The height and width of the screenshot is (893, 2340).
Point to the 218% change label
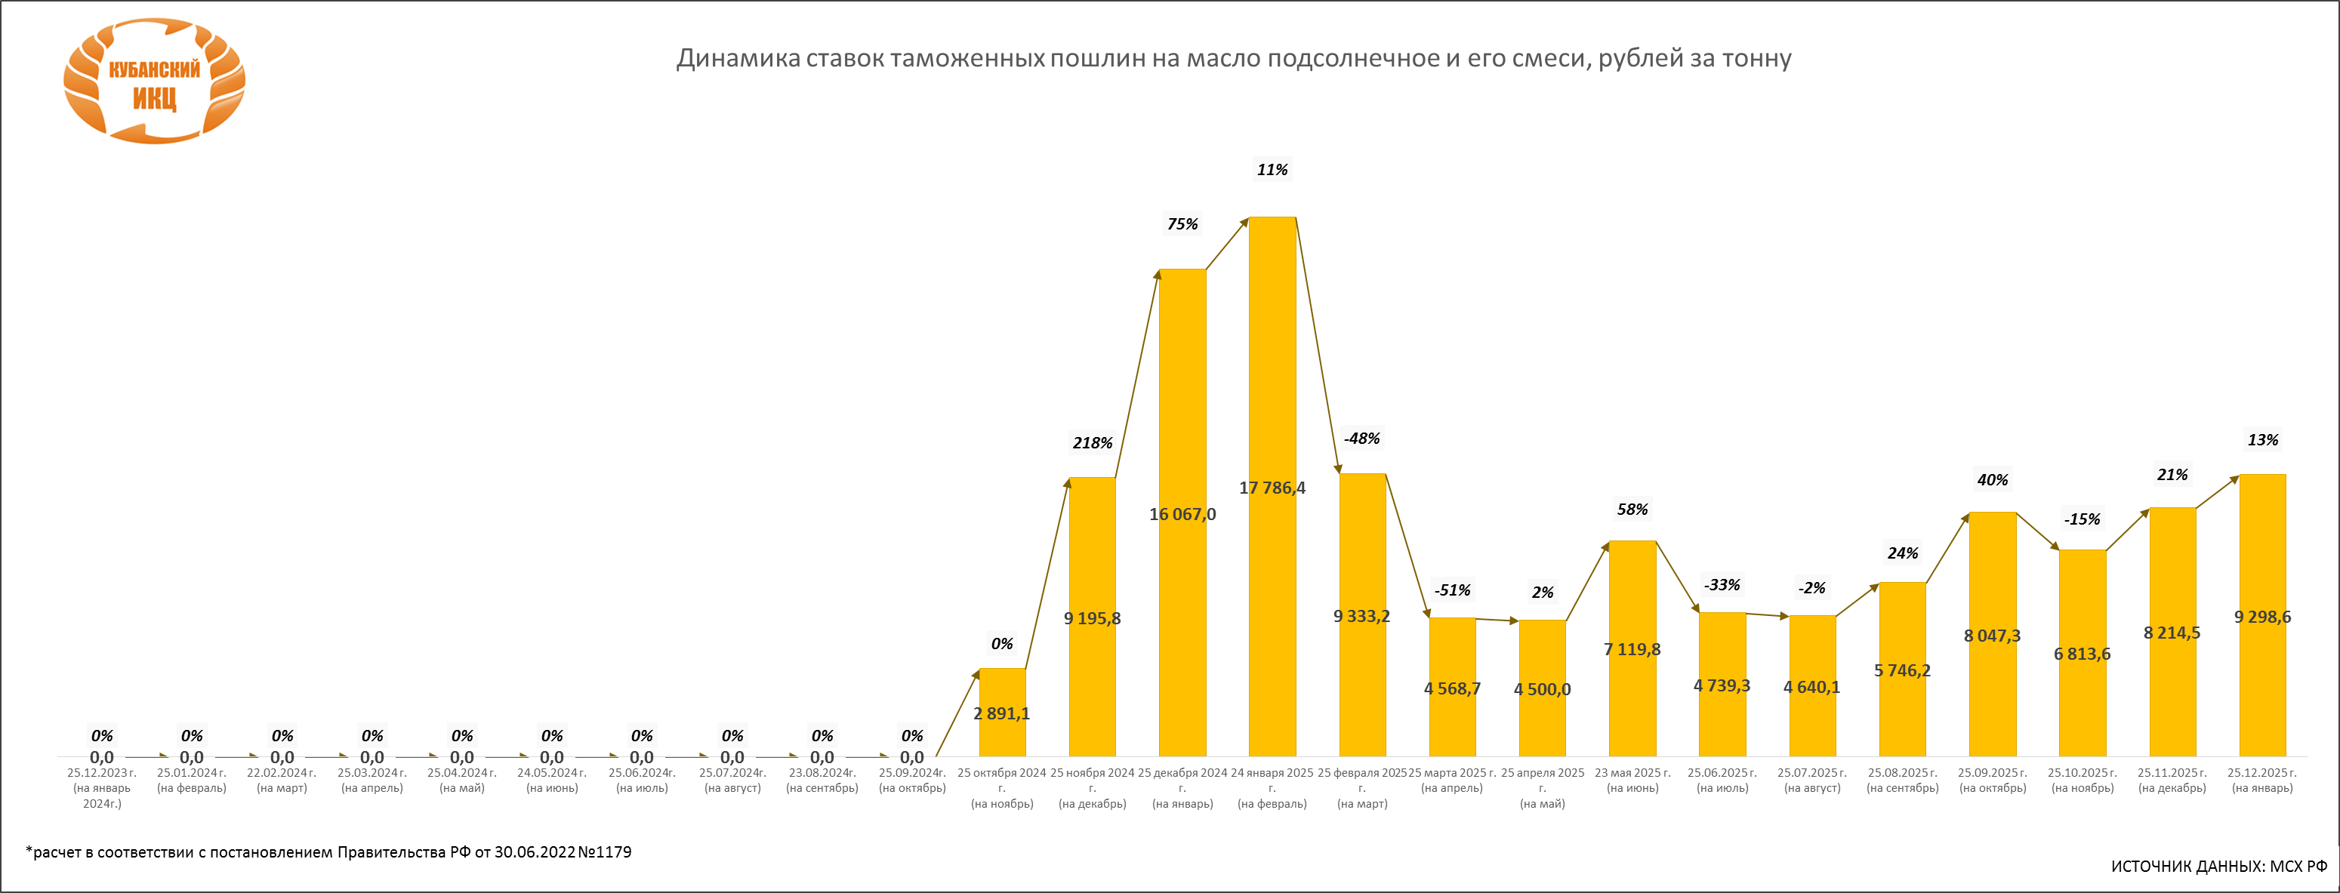click(1092, 443)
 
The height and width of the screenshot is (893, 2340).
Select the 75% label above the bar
click(1182, 224)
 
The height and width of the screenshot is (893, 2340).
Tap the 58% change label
click(1632, 510)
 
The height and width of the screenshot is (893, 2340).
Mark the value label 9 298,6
click(2262, 617)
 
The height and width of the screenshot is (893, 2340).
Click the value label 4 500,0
click(1542, 689)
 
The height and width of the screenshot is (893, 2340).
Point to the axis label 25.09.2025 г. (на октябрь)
click(1992, 781)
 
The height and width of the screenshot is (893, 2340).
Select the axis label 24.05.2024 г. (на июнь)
click(551, 781)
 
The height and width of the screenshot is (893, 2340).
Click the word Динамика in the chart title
click(738, 59)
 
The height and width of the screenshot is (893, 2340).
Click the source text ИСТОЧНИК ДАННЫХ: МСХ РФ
click(2218, 866)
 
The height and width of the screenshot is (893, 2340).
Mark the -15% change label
click(2081, 519)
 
